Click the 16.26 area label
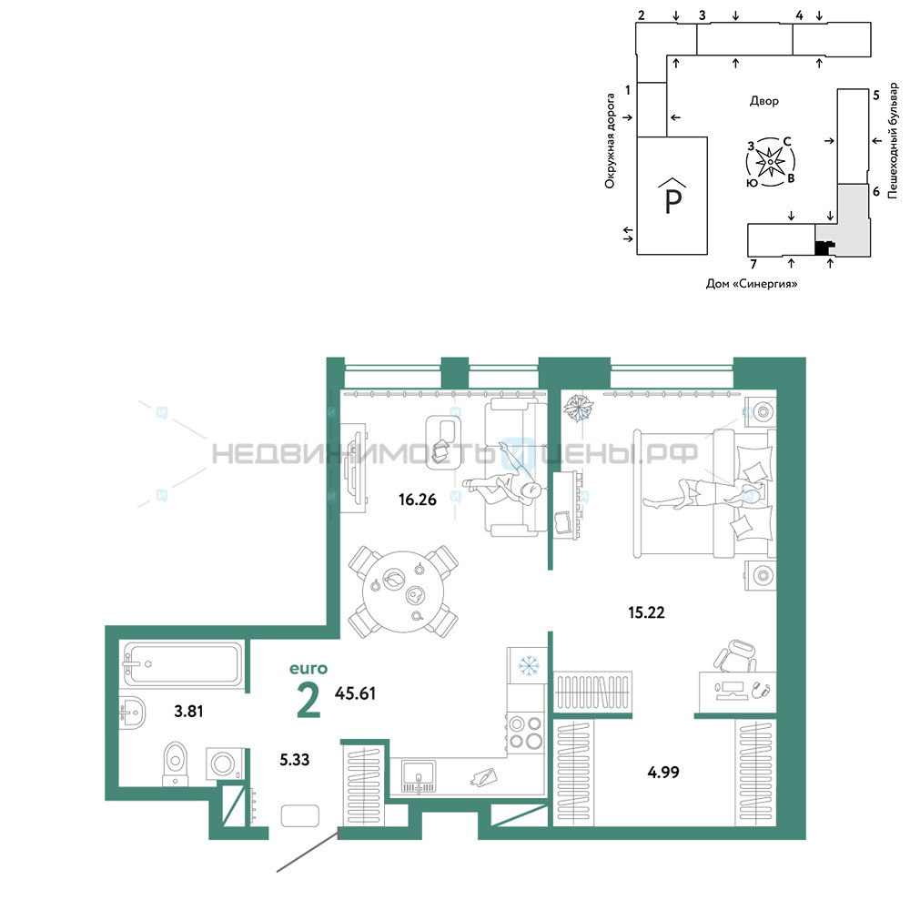click(418, 499)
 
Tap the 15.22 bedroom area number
click(646, 612)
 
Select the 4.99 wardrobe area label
click(662, 772)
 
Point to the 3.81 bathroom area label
click(188, 711)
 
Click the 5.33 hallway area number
click(294, 759)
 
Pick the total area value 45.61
click(355, 693)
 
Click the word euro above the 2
click(308, 669)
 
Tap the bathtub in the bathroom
click(182, 663)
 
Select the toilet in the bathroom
click(176, 763)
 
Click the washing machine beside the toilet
click(223, 763)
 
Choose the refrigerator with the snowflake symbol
click(528, 665)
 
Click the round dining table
click(403, 591)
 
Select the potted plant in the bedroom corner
click(579, 408)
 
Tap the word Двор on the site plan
click(763, 101)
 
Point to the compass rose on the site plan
click(770, 162)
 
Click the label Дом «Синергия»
click(752, 284)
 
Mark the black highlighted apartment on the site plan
click(823, 248)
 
